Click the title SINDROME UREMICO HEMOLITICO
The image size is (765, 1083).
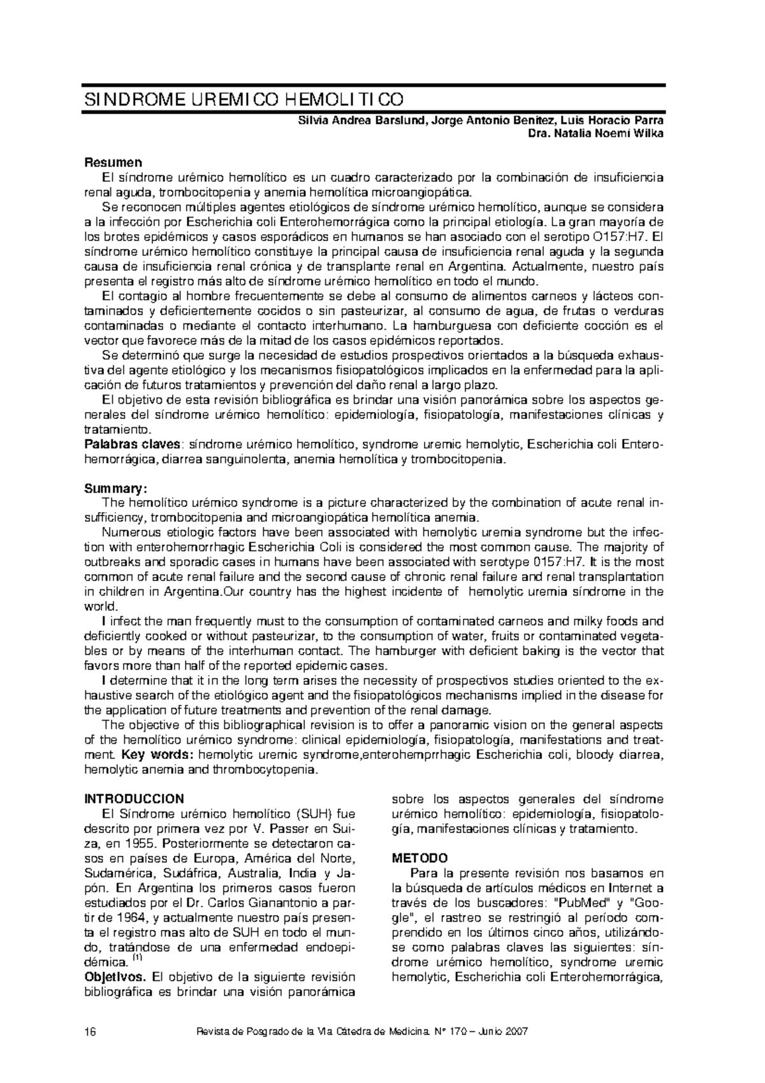244,100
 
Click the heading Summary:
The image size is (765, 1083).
116,489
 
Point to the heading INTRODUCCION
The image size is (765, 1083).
134,799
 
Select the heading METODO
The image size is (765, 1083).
419,858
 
